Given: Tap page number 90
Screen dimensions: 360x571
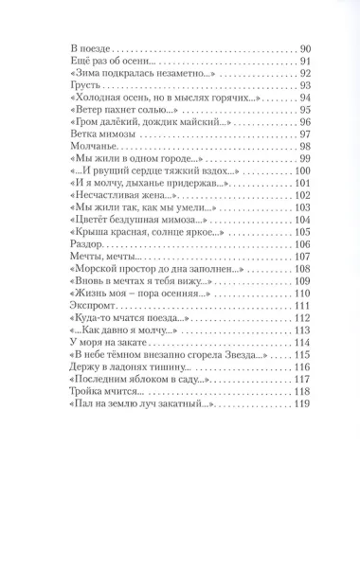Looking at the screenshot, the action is (304, 48).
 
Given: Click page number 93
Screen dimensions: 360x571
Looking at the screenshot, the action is (304, 85).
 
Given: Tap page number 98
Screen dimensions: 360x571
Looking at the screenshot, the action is (304, 147).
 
